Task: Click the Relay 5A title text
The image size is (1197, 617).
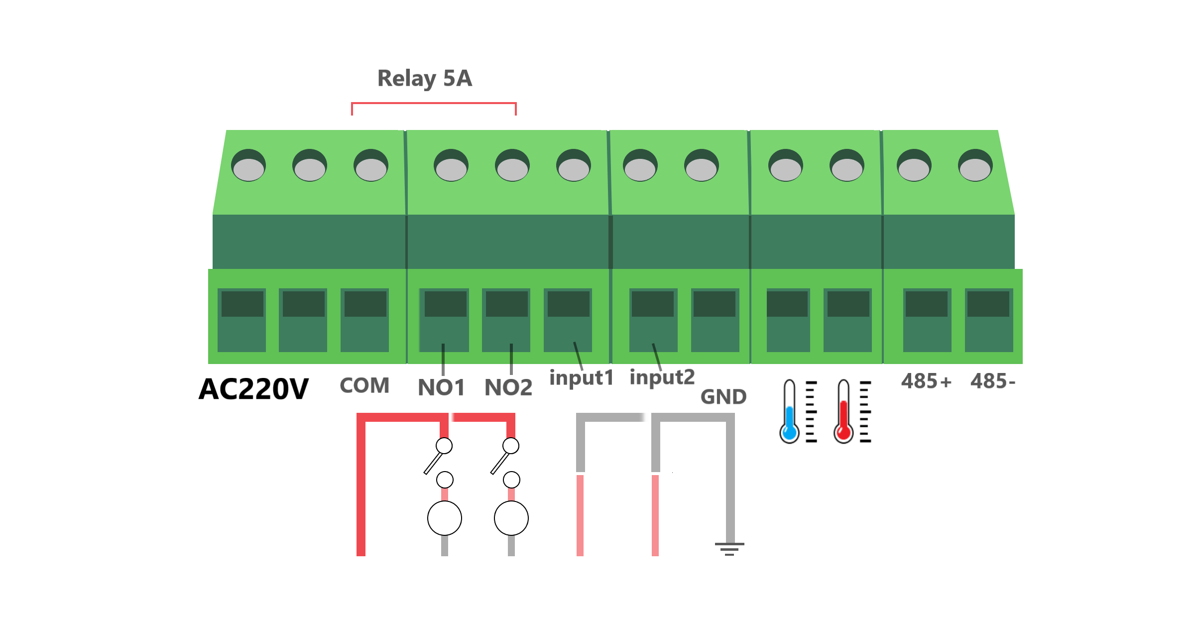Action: (424, 79)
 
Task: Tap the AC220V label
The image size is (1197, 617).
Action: (253, 389)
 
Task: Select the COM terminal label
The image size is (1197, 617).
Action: (364, 386)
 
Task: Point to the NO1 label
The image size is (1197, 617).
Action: (441, 387)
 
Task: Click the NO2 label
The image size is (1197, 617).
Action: (508, 387)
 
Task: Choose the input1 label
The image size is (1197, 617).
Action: (581, 378)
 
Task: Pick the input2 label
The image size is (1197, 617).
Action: (662, 377)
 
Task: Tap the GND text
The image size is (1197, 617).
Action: (723, 397)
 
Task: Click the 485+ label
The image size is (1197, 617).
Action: (926, 381)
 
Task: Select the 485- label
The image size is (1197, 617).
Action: (993, 381)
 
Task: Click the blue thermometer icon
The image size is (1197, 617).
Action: (790, 412)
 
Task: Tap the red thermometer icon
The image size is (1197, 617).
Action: (844, 412)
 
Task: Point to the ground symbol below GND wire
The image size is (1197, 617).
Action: (729, 548)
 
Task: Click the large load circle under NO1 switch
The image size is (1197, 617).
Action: (445, 518)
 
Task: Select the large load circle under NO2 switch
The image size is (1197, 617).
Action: (511, 518)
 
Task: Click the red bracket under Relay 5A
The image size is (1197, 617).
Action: (434, 104)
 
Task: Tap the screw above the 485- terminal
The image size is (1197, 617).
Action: (975, 166)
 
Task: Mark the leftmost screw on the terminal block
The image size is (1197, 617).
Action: (248, 166)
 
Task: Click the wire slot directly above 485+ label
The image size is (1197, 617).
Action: (927, 320)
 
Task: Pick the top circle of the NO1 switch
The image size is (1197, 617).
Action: (444, 445)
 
